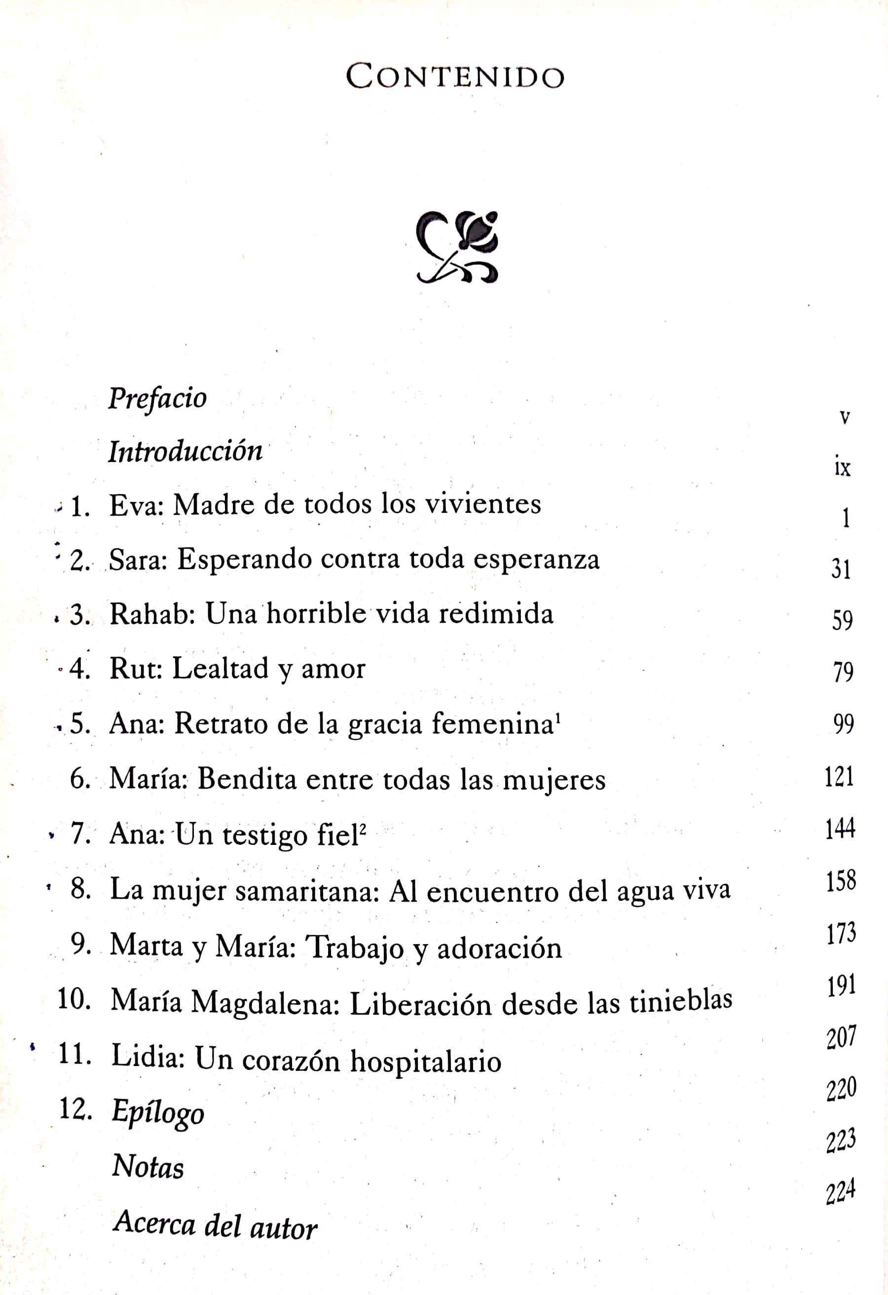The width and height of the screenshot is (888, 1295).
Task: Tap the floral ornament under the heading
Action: pos(457,247)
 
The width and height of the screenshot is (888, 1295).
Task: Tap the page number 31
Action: pos(841,569)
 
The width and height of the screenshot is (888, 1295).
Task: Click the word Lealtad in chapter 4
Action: pos(221,668)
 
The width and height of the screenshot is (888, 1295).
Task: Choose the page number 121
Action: pos(839,776)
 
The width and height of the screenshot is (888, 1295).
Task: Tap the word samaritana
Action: pos(307,890)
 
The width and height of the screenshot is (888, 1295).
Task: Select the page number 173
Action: pos(841,933)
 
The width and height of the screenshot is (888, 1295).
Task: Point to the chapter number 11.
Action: pos(74,1054)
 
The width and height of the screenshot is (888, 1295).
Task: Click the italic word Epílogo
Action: pos(158,1112)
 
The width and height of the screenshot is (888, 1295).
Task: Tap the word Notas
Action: pos(148,1166)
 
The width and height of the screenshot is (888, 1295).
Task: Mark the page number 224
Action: pos(840,1192)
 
